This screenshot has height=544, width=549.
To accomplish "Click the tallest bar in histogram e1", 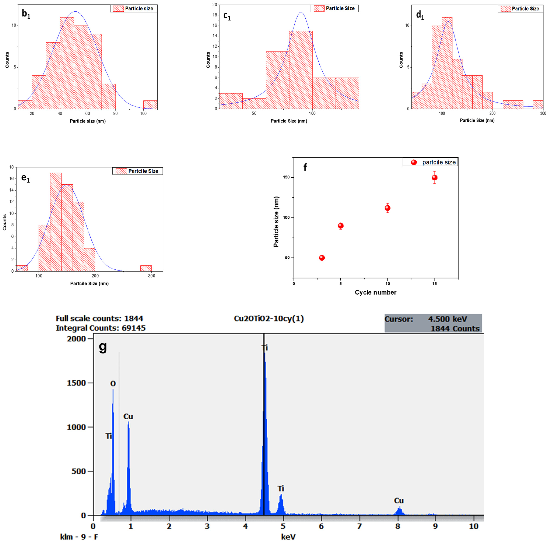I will click(x=56, y=222).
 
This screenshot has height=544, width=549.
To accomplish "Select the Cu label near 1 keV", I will click(x=128, y=416).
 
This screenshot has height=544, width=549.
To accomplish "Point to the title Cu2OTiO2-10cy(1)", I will click(x=269, y=319).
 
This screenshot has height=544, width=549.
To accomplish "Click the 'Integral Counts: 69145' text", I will click(x=101, y=328).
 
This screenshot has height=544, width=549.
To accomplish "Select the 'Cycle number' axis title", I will click(x=375, y=292).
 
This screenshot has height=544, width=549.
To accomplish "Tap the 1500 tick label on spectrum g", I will click(x=76, y=383).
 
